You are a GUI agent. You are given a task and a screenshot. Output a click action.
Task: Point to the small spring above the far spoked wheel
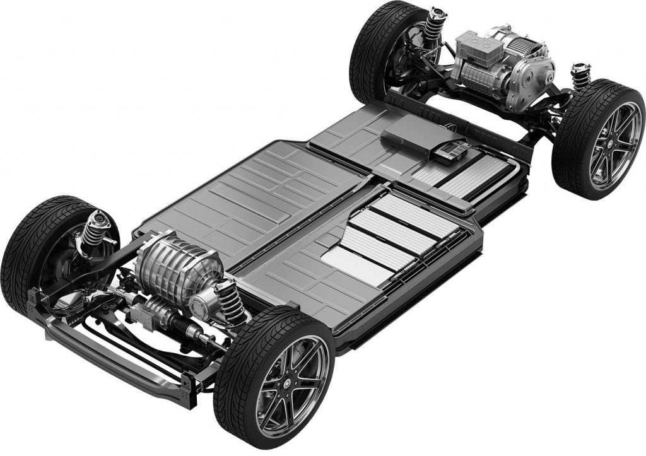pos(580,75)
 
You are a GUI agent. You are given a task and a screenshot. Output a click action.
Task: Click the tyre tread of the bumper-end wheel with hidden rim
pos(25,252)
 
